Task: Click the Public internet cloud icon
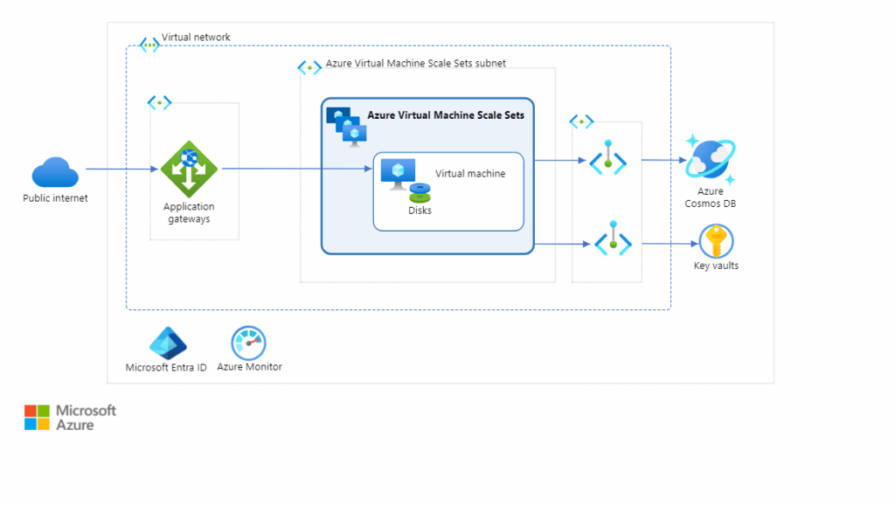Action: point(55,172)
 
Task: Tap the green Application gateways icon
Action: point(189,169)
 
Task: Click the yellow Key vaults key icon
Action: point(716,241)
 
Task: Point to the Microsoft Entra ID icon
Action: point(168,344)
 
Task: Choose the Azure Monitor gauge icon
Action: point(248,343)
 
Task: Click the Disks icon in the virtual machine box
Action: point(420,192)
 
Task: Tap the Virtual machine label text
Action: point(470,174)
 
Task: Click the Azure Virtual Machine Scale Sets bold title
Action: point(446,114)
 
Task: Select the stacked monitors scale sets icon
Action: point(347,125)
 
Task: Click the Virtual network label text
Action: point(196,38)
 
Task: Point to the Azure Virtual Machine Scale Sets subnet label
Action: point(415,64)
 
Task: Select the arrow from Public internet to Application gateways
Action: point(122,169)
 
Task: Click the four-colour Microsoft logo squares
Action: point(37,418)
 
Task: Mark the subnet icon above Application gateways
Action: point(159,103)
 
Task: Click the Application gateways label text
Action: point(189,213)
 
